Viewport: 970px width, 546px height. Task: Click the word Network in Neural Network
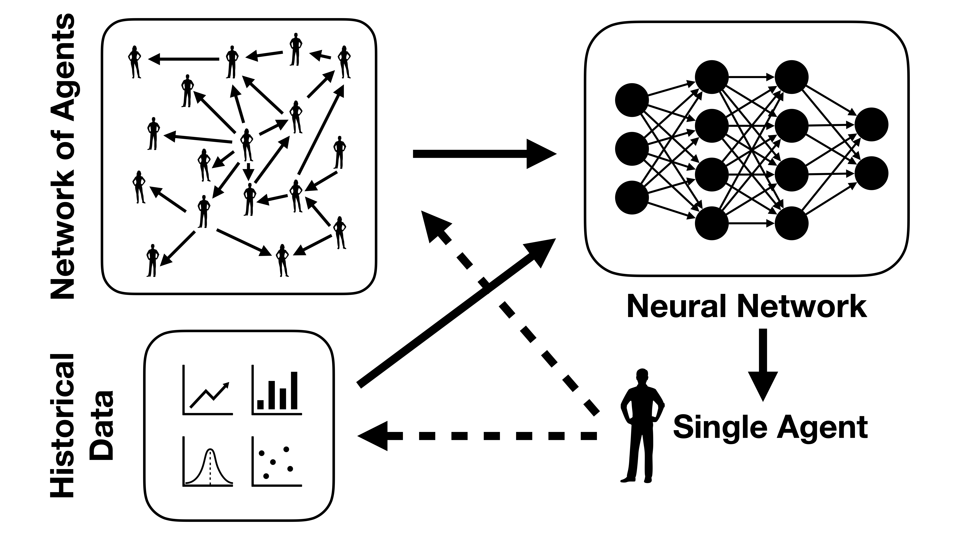[802, 306]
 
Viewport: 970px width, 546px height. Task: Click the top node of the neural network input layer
[632, 100]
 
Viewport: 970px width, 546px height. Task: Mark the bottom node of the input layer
[632, 197]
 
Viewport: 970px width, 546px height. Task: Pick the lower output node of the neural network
[871, 173]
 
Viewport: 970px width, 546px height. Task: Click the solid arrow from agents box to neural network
[484, 154]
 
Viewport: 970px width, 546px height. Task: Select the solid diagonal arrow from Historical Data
[456, 313]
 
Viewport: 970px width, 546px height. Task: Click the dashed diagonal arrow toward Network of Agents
[508, 313]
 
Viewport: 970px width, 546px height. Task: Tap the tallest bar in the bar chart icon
[294, 390]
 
